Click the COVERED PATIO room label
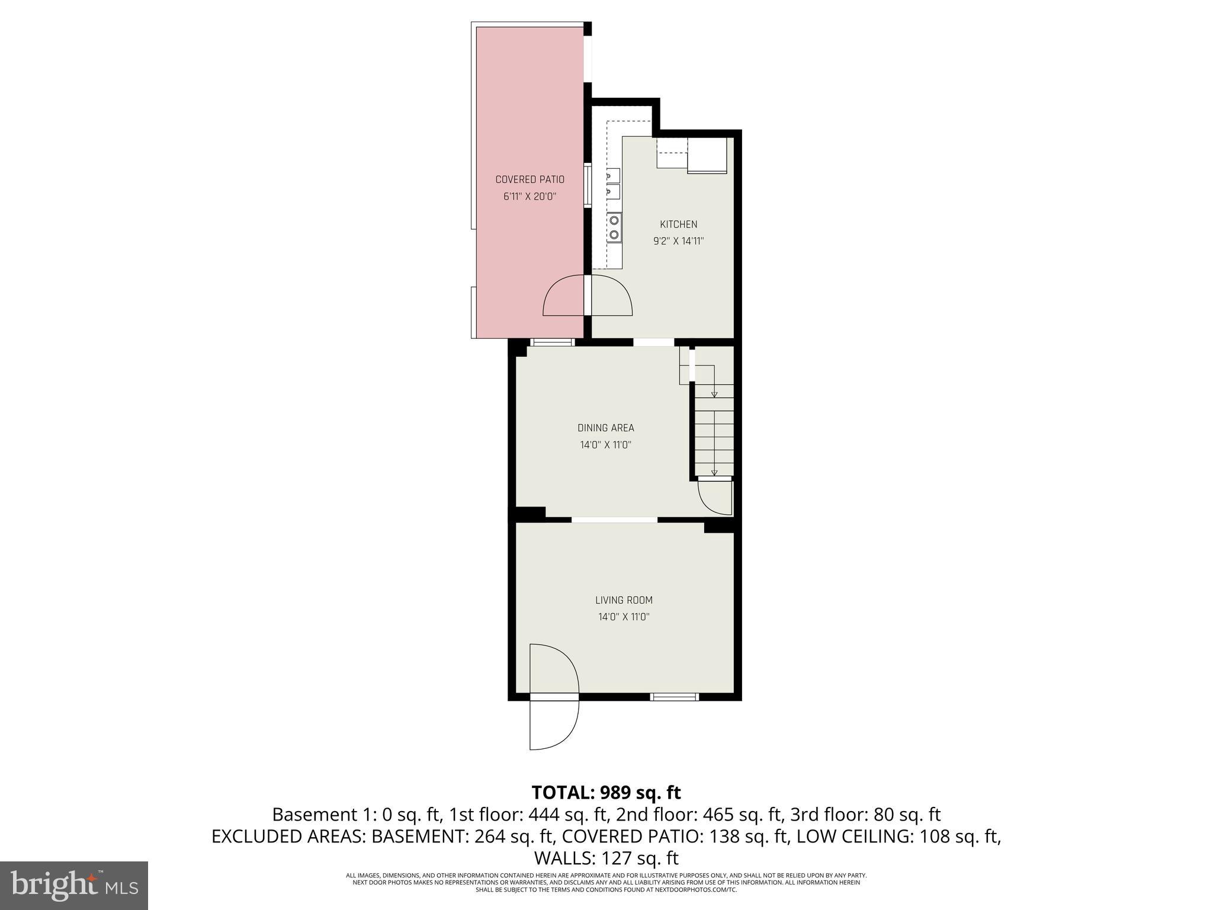coord(530,180)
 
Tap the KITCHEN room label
coord(678,225)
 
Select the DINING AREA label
coord(605,428)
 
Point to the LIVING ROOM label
coord(624,600)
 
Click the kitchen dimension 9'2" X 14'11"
coord(678,241)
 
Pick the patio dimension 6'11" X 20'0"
coord(530,197)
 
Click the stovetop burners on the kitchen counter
coord(614,227)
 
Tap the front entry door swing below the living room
coord(553,725)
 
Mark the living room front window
coord(675,697)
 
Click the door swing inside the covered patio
coord(564,296)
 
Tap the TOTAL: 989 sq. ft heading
coord(606,792)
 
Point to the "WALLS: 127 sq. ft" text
coord(606,858)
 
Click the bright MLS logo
coord(74,885)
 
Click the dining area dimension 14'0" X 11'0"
coord(605,445)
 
